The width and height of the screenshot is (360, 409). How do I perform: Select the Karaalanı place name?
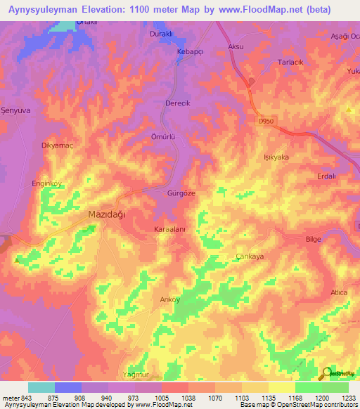[x=169, y=230]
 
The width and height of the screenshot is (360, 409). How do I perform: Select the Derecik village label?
[x=177, y=103]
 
